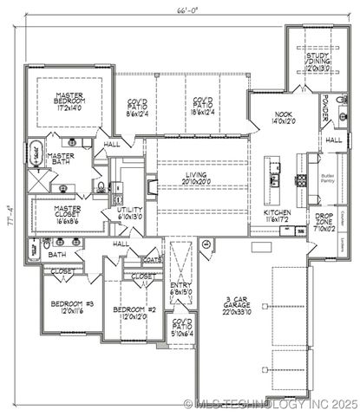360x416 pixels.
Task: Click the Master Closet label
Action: pyautogui.click(x=67, y=213)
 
